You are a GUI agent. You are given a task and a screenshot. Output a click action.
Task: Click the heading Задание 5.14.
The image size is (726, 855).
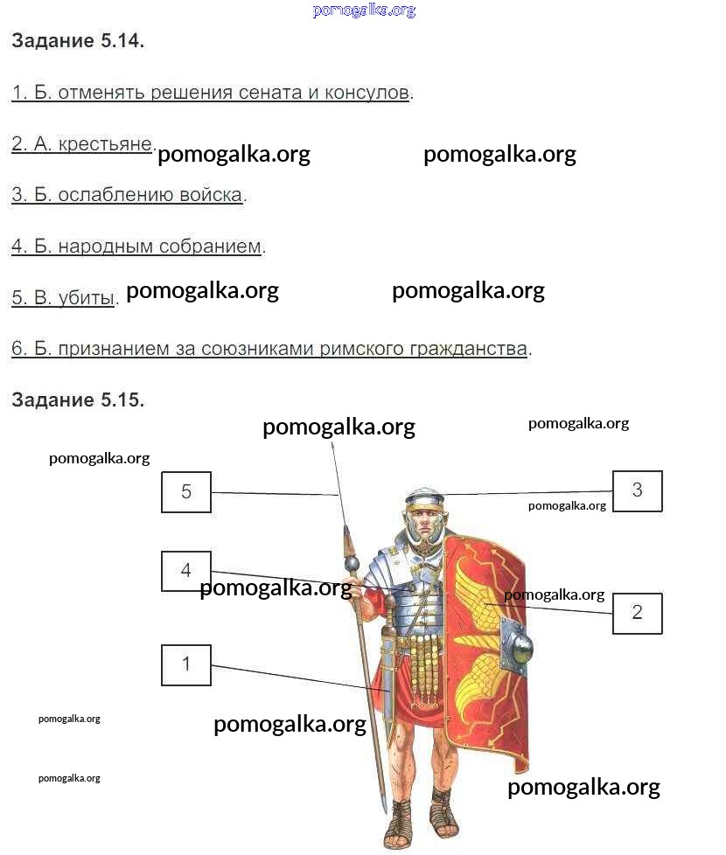pos(78,41)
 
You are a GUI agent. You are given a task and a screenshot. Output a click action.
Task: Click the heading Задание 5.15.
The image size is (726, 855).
pos(78,400)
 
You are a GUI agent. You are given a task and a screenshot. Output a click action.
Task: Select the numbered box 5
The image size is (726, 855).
pos(186,492)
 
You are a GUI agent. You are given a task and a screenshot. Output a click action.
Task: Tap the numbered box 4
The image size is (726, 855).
pos(186,571)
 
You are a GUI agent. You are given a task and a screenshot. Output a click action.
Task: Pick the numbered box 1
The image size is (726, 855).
pos(186,664)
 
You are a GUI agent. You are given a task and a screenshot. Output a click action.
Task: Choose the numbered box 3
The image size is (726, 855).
pos(637,490)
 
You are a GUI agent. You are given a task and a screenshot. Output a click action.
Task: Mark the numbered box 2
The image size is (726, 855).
pos(637,613)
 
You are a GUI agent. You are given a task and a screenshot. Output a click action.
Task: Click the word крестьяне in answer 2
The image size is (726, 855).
pos(105,144)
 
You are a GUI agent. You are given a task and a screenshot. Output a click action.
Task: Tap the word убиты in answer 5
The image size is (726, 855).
pos(87,298)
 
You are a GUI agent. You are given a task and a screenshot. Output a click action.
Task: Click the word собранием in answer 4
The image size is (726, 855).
pos(210,247)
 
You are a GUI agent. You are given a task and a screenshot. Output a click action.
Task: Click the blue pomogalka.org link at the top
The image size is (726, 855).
pos(365,10)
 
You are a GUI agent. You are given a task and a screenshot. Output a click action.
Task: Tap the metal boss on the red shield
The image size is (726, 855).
pos(518,646)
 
